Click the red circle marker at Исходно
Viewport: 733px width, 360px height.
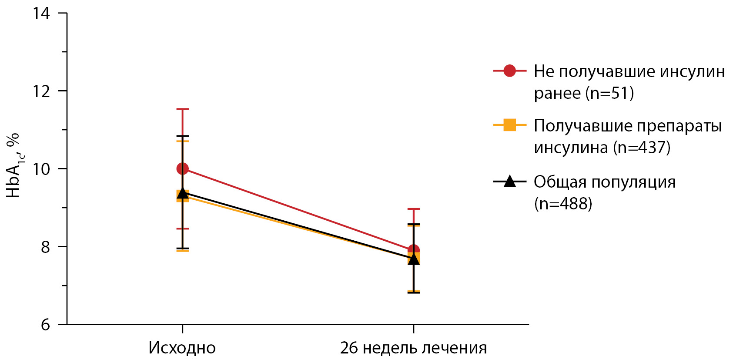tap(182, 168)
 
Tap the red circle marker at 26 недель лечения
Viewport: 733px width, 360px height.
tap(413, 250)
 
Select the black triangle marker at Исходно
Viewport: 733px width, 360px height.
tap(182, 193)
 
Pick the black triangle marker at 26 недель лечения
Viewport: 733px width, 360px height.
tap(413, 259)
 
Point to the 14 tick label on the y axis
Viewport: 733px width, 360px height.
tap(41, 13)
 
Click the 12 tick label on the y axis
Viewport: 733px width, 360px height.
tap(41, 91)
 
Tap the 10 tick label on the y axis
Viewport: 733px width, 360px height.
tap(41, 169)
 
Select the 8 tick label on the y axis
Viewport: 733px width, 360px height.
tap(46, 247)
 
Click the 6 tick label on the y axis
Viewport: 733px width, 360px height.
tap(46, 325)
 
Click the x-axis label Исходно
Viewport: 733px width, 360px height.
tap(182, 348)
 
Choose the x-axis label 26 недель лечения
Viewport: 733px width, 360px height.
tap(413, 348)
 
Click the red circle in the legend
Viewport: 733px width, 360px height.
tap(509, 71)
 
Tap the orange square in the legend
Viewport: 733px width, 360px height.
tap(509, 125)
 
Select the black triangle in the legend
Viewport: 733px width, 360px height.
tap(509, 181)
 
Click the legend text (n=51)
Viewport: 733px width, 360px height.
tap(609, 93)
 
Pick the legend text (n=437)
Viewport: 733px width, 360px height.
tap(642, 148)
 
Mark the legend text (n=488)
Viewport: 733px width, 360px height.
tap(563, 203)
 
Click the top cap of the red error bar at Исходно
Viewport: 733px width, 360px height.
tap(182, 109)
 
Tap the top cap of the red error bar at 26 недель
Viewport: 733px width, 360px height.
tap(413, 209)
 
